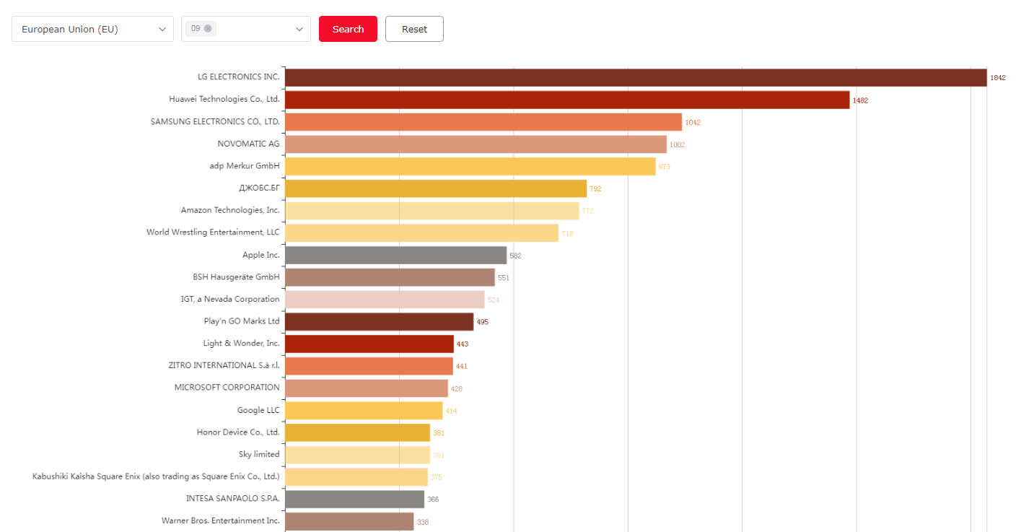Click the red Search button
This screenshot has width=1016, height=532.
[x=348, y=29]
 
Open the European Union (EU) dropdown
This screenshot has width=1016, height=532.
[x=92, y=29]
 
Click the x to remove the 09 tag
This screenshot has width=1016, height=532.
[x=208, y=28]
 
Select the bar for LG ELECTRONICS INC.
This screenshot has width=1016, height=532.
[x=635, y=77]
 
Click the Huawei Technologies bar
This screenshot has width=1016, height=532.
[x=567, y=100]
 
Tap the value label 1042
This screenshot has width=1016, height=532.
[x=693, y=123]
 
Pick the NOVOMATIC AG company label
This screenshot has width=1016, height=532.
[x=248, y=144]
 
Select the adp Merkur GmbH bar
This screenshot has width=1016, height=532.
[x=470, y=167]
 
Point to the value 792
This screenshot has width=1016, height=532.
[x=595, y=189]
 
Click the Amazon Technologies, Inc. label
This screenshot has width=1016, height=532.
[x=230, y=210]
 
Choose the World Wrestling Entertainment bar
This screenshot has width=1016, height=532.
[x=421, y=232]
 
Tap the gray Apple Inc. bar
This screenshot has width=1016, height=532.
[x=395, y=255]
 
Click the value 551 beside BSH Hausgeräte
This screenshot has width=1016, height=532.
[x=504, y=278]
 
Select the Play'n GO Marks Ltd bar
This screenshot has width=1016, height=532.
[x=379, y=321]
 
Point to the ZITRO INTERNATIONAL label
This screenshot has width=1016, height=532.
[x=224, y=365]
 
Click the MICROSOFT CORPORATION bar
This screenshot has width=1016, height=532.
[x=366, y=388]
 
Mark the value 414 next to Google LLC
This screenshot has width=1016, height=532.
[x=451, y=411]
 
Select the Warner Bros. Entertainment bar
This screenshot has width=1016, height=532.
[x=349, y=521]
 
